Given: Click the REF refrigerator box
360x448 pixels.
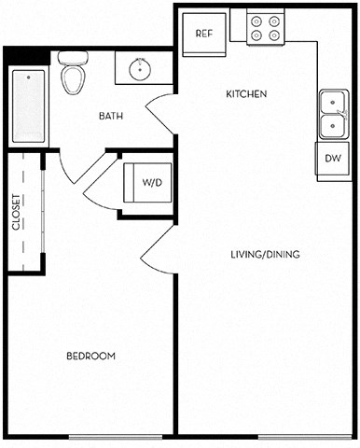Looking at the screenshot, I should tap(205, 33).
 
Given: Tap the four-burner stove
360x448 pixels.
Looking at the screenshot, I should tap(265, 29).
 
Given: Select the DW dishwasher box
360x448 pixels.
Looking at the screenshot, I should tap(333, 159).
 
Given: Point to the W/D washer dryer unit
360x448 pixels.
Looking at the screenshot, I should tap(147, 183).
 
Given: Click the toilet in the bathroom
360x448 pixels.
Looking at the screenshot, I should tap(72, 74).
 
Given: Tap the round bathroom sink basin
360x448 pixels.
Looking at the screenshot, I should tap(141, 68).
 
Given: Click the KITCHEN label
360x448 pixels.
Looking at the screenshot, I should tap(247, 94).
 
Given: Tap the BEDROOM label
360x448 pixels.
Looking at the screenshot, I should tap(90, 357).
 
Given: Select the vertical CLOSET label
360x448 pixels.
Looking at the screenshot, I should tap(17, 212).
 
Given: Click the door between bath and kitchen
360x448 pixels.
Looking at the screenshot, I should tap(160, 114).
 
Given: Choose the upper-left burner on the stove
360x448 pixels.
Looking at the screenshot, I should tap(257, 21).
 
